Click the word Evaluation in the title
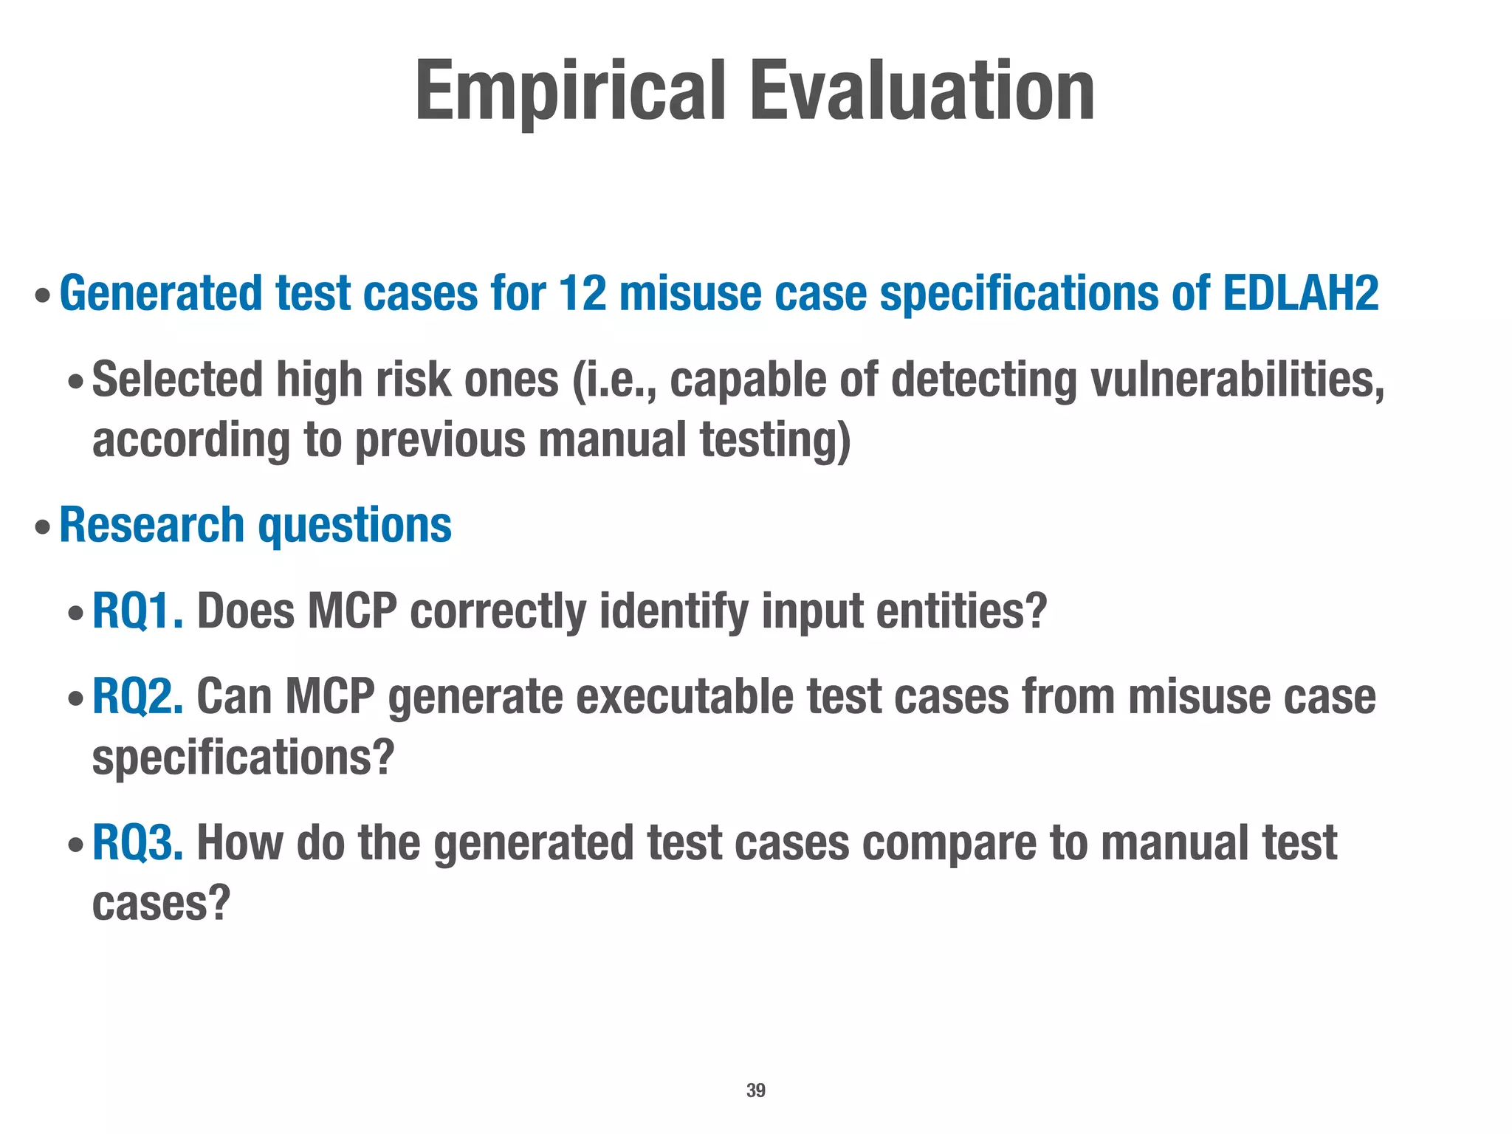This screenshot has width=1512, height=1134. click(x=922, y=92)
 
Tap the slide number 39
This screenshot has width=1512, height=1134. click(x=755, y=1090)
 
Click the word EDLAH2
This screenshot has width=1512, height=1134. click(x=1300, y=293)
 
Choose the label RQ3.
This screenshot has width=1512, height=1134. click(x=137, y=842)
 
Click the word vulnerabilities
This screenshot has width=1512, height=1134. click(x=1237, y=379)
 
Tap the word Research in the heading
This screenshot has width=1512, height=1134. click(x=151, y=525)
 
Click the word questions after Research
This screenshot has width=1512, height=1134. click(x=354, y=525)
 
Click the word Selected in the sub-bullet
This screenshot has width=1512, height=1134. click(x=177, y=379)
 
